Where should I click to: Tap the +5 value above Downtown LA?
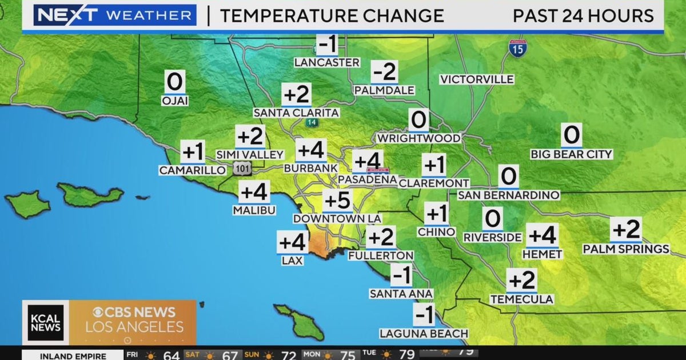pos(337,201)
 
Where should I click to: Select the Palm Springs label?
pos(626,249)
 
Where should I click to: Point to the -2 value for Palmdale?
pos(384,73)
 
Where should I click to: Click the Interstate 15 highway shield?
pos(517,48)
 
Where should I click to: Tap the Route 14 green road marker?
pos(311,122)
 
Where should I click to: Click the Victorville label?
pos(477,79)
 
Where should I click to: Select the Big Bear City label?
pos(571,154)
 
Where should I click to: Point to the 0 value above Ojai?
pos(174,83)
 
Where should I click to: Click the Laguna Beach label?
pos(424,333)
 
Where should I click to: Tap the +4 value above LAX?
pos(293,242)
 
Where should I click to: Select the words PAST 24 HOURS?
pos(583,15)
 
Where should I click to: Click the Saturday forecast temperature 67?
pos(230,355)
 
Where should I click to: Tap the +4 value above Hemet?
pos(542,235)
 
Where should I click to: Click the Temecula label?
pos(522,299)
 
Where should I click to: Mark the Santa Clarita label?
pos(296,113)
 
